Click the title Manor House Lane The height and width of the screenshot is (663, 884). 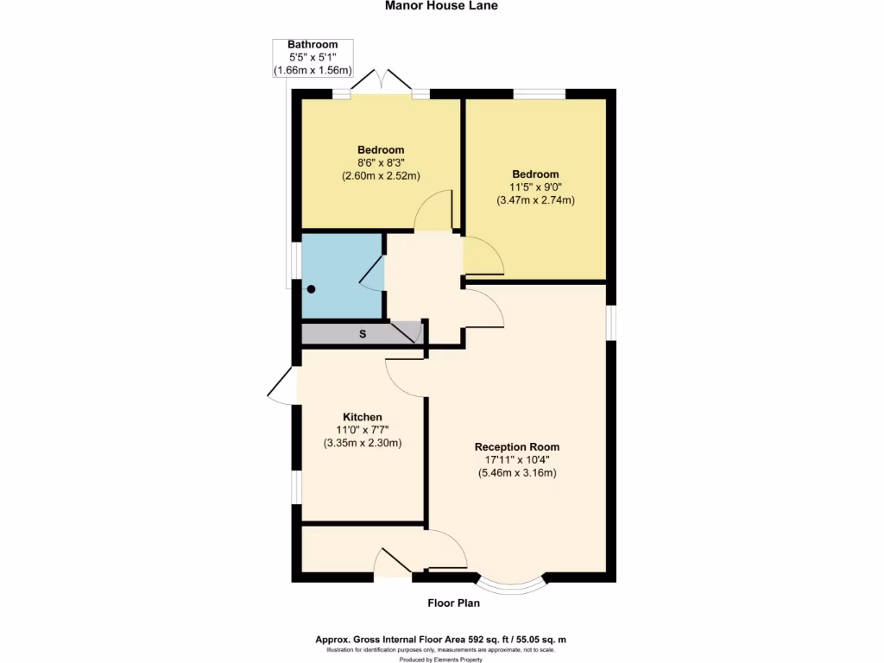pyautogui.click(x=441, y=5)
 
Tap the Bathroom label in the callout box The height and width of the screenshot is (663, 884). pyautogui.click(x=313, y=45)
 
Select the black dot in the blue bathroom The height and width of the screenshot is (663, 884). pyautogui.click(x=312, y=289)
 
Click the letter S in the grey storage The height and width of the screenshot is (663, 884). pyautogui.click(x=362, y=333)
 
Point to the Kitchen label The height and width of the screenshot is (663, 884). pyautogui.click(x=363, y=417)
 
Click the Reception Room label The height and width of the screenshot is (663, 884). pyautogui.click(x=517, y=447)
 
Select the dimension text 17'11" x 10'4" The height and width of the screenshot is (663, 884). pyautogui.click(x=517, y=460)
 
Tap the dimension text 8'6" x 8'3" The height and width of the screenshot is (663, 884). pyautogui.click(x=380, y=163)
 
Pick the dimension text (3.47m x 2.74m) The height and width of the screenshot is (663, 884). pyautogui.click(x=535, y=200)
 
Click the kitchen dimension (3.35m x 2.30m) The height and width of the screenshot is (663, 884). pyautogui.click(x=363, y=443)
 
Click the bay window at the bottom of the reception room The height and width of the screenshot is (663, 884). pyautogui.click(x=512, y=586)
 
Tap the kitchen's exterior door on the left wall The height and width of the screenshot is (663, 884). pyautogui.click(x=282, y=386)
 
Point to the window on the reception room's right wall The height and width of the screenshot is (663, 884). pyautogui.click(x=610, y=322)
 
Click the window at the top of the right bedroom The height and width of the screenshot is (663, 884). pyautogui.click(x=540, y=93)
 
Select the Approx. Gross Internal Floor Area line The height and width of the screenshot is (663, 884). pyautogui.click(x=441, y=640)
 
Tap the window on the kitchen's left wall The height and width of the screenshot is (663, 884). pyautogui.click(x=295, y=486)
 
